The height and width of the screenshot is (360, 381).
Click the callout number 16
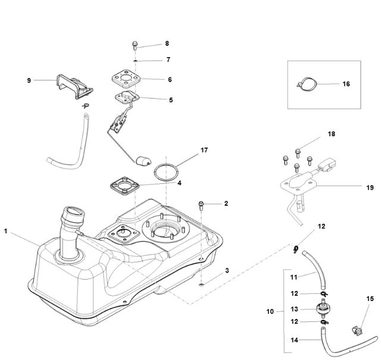346,84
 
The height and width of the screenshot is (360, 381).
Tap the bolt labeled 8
135,45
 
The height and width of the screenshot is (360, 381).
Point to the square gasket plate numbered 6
126,79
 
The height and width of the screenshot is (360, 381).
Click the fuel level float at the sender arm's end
143,161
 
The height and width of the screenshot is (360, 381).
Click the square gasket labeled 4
124,186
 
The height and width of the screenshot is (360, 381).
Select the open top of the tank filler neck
74,212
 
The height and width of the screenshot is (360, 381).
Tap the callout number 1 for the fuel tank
5,231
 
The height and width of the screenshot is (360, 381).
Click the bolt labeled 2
201,205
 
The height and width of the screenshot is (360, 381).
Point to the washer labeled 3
201,284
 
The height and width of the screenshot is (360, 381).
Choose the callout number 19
370,187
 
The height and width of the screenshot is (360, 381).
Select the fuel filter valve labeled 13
323,308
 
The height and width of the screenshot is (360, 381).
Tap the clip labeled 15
357,330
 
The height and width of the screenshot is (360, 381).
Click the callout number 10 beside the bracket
270,311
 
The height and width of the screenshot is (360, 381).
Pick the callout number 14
294,340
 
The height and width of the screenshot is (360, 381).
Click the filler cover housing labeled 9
74,87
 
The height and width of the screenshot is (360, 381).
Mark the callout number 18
331,134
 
